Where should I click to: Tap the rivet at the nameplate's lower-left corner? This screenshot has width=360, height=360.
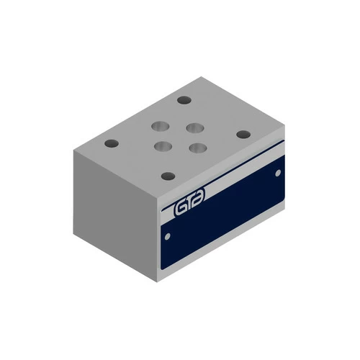[x=168, y=235]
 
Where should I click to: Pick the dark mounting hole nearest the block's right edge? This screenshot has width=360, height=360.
[x=243, y=134]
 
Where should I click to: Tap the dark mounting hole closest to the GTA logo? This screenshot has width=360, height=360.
[x=168, y=176]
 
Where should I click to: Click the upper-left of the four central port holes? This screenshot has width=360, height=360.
[x=157, y=128]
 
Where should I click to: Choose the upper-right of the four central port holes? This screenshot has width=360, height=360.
[x=192, y=128]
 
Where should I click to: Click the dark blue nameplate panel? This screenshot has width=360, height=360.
[x=230, y=216]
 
